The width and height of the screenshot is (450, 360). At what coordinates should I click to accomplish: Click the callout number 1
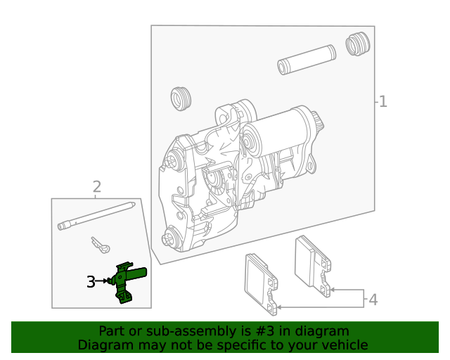tap(382, 102)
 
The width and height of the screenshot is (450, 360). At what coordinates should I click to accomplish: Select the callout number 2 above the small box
tap(97, 186)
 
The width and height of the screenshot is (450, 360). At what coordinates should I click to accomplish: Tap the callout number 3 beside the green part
tap(91, 282)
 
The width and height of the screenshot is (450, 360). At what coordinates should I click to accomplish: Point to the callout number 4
tap(373, 300)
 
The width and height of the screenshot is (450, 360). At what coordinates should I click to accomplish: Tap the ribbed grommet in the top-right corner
tap(358, 44)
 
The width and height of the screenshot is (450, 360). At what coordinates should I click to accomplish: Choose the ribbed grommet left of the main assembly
tap(181, 98)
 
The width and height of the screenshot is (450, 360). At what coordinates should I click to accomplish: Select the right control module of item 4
tap(314, 264)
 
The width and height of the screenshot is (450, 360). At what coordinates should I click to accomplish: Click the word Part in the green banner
tap(110, 331)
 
